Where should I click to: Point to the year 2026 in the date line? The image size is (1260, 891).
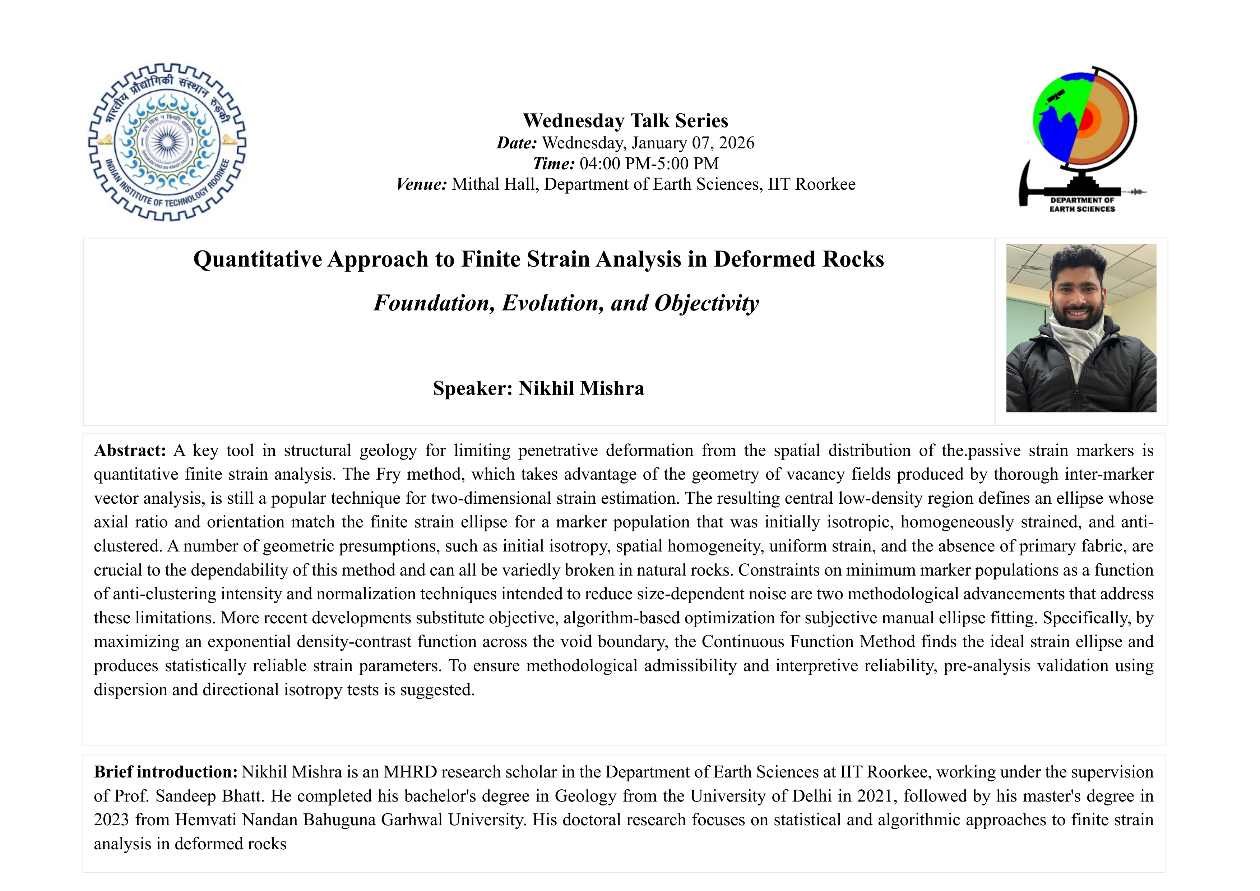pos(736,143)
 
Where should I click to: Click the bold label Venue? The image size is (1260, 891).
pos(421,184)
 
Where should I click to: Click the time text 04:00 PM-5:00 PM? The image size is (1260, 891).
pos(649,163)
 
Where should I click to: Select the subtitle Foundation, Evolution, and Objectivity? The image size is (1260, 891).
pos(566,303)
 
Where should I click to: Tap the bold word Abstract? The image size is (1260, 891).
pos(130,451)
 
